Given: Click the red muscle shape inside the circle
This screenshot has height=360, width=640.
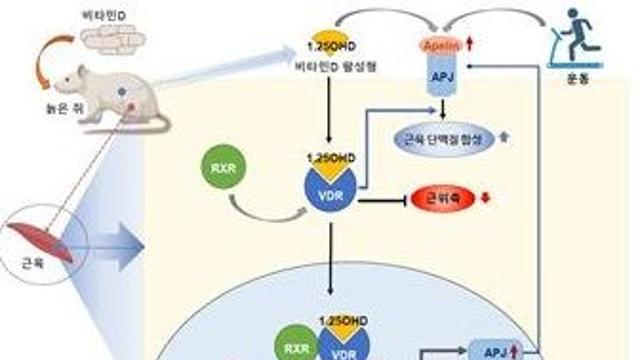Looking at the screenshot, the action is [38, 238].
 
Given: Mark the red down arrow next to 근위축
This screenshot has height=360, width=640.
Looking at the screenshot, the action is [485, 197].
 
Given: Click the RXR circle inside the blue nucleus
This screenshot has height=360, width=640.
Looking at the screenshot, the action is [288, 345].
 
